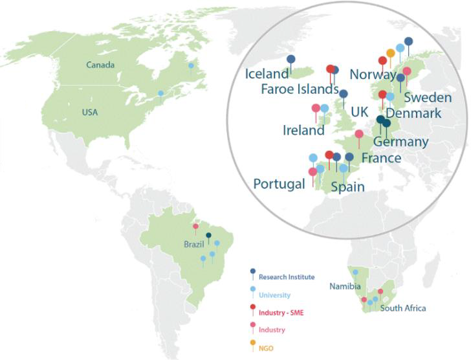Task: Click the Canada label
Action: (100, 65)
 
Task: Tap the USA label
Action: (90, 113)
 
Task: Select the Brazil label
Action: (193, 244)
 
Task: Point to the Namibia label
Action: (342, 286)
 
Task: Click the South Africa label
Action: (403, 308)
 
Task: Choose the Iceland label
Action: (267, 74)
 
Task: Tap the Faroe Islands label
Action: (300, 89)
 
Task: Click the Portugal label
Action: (279, 184)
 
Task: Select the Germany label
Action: (401, 142)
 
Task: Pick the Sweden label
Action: (427, 98)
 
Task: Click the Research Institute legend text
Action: (287, 277)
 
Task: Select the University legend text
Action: (275, 295)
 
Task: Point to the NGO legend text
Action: (265, 348)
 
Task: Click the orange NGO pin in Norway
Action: (391, 53)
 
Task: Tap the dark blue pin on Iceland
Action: (291, 60)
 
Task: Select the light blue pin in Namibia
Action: (355, 272)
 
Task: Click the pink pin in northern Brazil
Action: (195, 227)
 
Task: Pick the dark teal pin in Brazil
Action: (208, 236)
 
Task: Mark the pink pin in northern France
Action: (359, 134)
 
